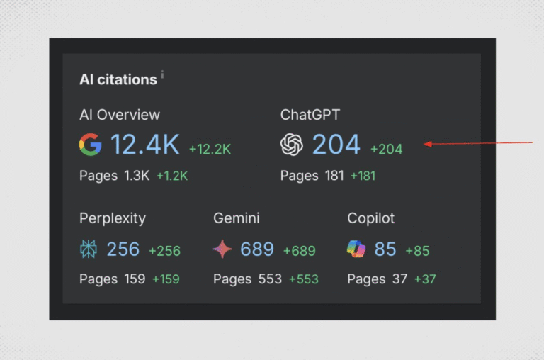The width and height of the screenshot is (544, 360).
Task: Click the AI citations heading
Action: point(118,79)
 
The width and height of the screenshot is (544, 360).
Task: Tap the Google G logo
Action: point(91,145)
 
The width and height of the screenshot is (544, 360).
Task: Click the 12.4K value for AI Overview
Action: point(145,145)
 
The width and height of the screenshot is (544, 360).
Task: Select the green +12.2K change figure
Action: point(210,149)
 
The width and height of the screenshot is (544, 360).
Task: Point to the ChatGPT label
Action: point(310,115)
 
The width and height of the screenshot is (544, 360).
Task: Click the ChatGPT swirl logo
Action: point(292,145)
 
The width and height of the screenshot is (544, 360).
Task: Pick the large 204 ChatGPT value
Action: point(336,145)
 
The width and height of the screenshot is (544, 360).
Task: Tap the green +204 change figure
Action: point(386,149)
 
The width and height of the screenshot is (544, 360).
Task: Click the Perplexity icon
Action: point(90,249)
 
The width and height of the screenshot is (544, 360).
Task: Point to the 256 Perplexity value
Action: point(123,249)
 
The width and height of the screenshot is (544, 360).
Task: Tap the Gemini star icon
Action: point(223,249)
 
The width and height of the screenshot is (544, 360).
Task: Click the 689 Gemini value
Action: point(257,249)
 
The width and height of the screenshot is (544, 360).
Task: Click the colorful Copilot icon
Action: point(356,249)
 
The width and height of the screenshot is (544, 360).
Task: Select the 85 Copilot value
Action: point(385,249)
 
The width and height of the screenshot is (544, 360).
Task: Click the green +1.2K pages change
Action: point(172,176)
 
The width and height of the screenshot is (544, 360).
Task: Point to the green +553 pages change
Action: point(304,279)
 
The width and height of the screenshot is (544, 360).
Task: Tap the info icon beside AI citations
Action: point(162,74)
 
